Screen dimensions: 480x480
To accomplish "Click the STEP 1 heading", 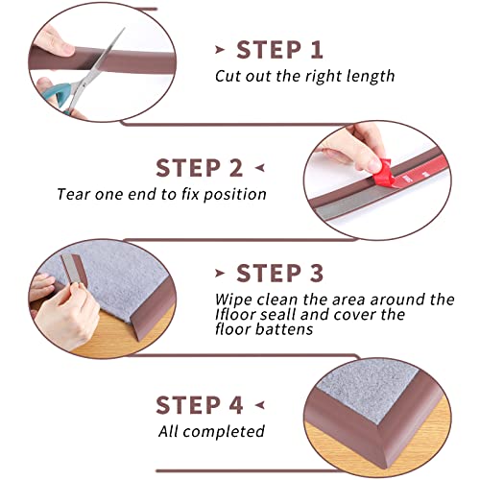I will (x=279, y=49).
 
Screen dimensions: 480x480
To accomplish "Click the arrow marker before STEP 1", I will (x=221, y=50).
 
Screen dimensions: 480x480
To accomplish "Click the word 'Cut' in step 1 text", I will (x=227, y=75).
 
